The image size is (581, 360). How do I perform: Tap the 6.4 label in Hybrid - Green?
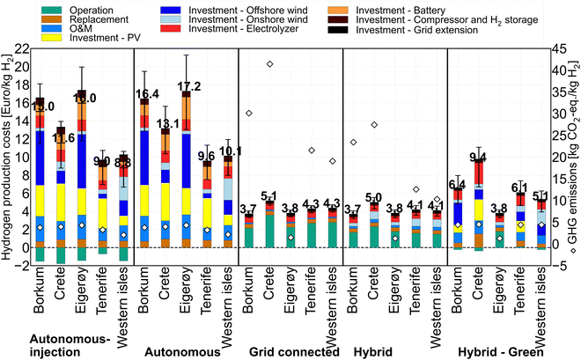point(457,184)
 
